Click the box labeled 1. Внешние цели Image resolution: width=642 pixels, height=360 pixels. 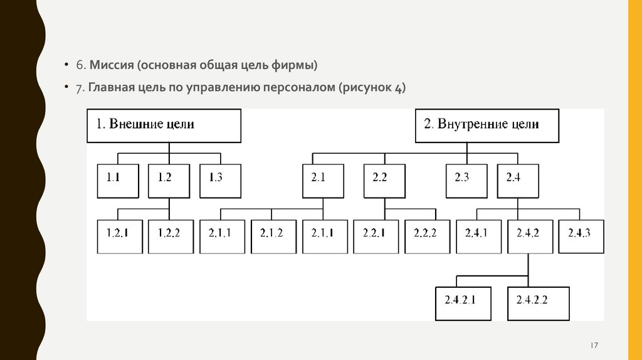pyautogui.click(x=164, y=125)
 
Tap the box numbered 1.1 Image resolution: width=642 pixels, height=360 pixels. pyautogui.click(x=113, y=181)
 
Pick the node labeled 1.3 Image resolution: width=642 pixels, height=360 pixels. pyautogui.click(x=216, y=181)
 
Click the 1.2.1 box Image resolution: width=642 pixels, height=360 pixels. pyautogui.click(x=118, y=236)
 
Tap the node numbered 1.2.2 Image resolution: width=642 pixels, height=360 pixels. pyautogui.click(x=170, y=236)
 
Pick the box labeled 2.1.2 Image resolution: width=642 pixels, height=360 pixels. pyautogui.click(x=271, y=236)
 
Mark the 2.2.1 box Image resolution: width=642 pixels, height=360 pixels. pyautogui.click(x=375, y=236)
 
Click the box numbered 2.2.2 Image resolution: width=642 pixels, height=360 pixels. pyautogui.click(x=426, y=236)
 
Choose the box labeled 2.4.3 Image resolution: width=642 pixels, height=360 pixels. pyautogui.click(x=581, y=236)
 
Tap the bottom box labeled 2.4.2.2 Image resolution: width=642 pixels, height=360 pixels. pyautogui.click(x=539, y=304)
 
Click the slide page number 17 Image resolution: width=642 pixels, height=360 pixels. pyautogui.click(x=594, y=346)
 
